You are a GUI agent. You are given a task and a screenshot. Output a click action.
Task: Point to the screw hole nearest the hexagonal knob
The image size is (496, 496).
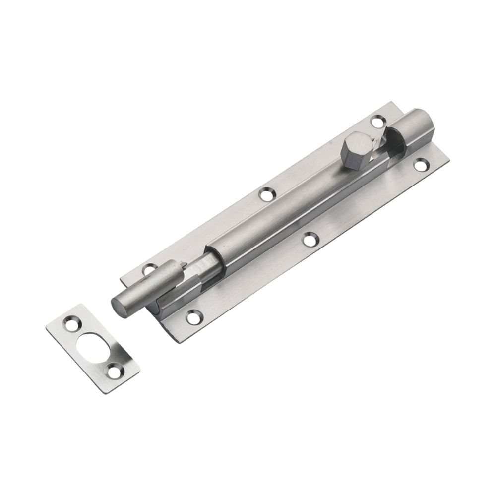[378, 121]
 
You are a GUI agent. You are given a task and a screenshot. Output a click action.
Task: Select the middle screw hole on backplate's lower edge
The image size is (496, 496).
[310, 239]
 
